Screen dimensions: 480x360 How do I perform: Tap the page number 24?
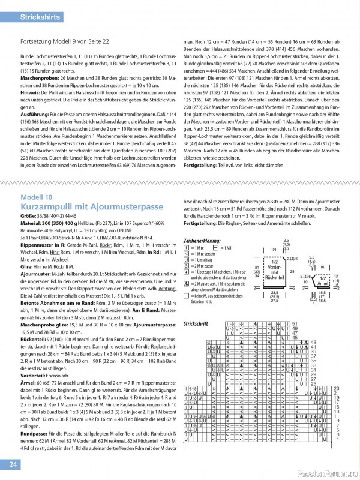coord(13,464)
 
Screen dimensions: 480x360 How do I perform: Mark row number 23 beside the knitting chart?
coord(336,388)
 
